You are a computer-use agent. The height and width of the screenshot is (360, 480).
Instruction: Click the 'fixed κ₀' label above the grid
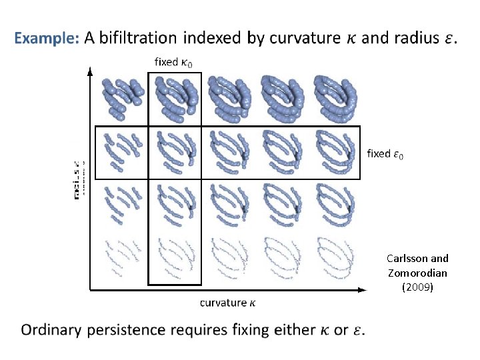tap(174, 62)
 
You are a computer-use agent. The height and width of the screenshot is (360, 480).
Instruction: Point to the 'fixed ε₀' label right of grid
tap(385, 154)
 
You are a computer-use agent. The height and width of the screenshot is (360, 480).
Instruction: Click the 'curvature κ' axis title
tap(227, 303)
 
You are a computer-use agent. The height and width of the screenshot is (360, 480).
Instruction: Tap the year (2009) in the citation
tap(418, 287)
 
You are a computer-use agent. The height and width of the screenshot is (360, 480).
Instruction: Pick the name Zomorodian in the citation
tap(418, 273)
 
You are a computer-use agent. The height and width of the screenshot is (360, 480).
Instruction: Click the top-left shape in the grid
tap(121, 97)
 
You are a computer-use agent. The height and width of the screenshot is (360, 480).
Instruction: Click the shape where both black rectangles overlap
tap(174, 152)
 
